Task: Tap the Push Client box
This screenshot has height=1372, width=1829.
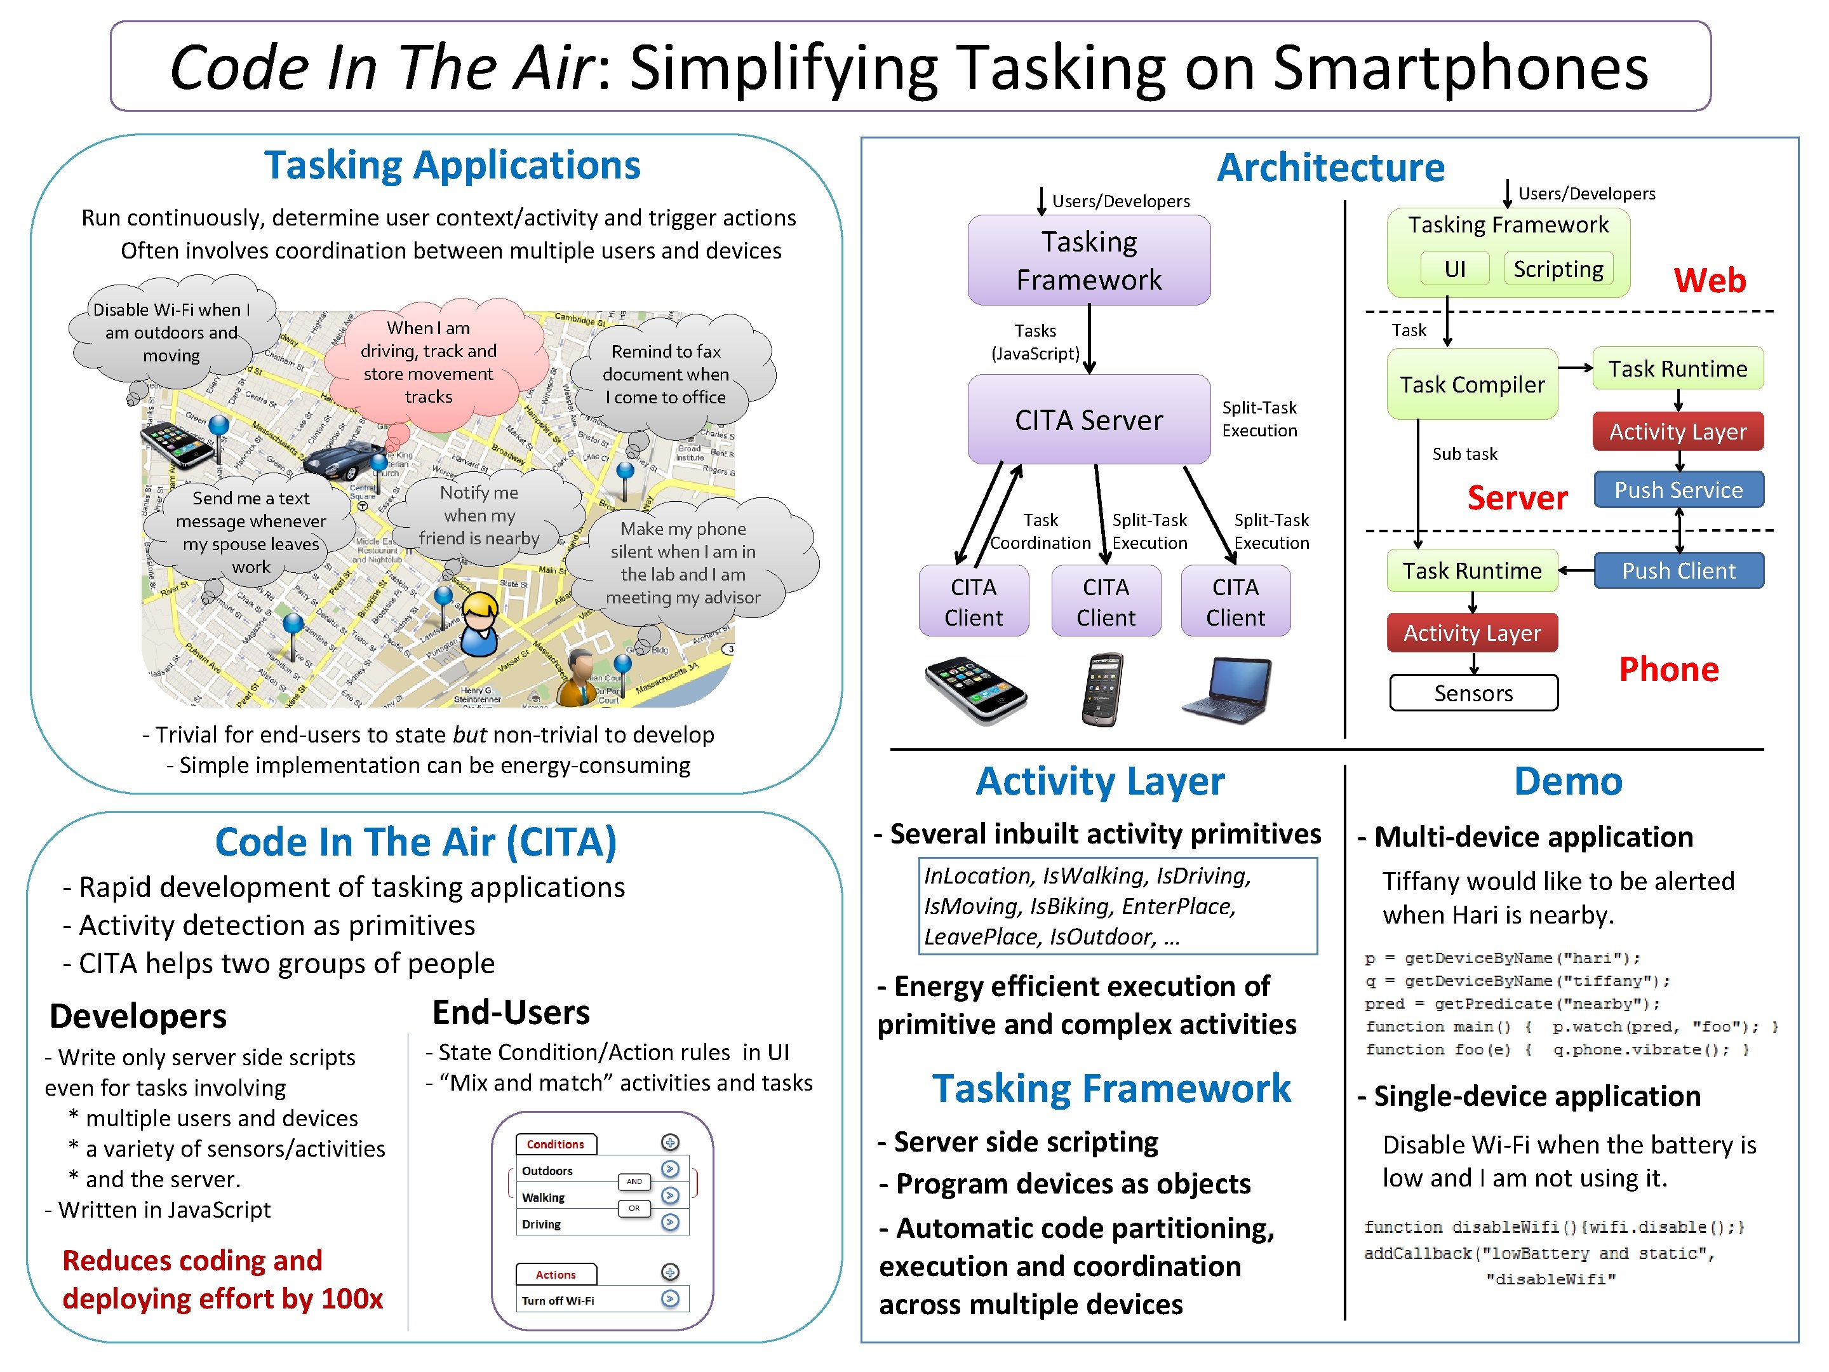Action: tap(1678, 570)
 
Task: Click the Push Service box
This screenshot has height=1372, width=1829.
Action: tap(1678, 490)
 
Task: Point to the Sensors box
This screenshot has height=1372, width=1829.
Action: tap(1473, 693)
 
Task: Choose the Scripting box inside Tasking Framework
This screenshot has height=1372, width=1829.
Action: tap(1558, 269)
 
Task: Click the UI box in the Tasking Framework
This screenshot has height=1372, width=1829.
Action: tap(1454, 269)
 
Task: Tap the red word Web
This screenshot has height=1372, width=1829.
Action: tap(1709, 280)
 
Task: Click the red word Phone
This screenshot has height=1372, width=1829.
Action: tap(1668, 669)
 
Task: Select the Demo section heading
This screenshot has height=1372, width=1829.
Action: tap(1568, 781)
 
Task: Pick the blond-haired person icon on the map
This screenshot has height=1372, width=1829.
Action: tap(479, 624)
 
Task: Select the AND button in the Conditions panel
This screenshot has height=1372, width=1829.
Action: tap(633, 1181)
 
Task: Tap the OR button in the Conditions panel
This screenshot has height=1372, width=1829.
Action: tap(633, 1208)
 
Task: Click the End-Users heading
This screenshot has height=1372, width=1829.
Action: tap(511, 1012)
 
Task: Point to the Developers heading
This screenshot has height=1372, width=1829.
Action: tap(138, 1016)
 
